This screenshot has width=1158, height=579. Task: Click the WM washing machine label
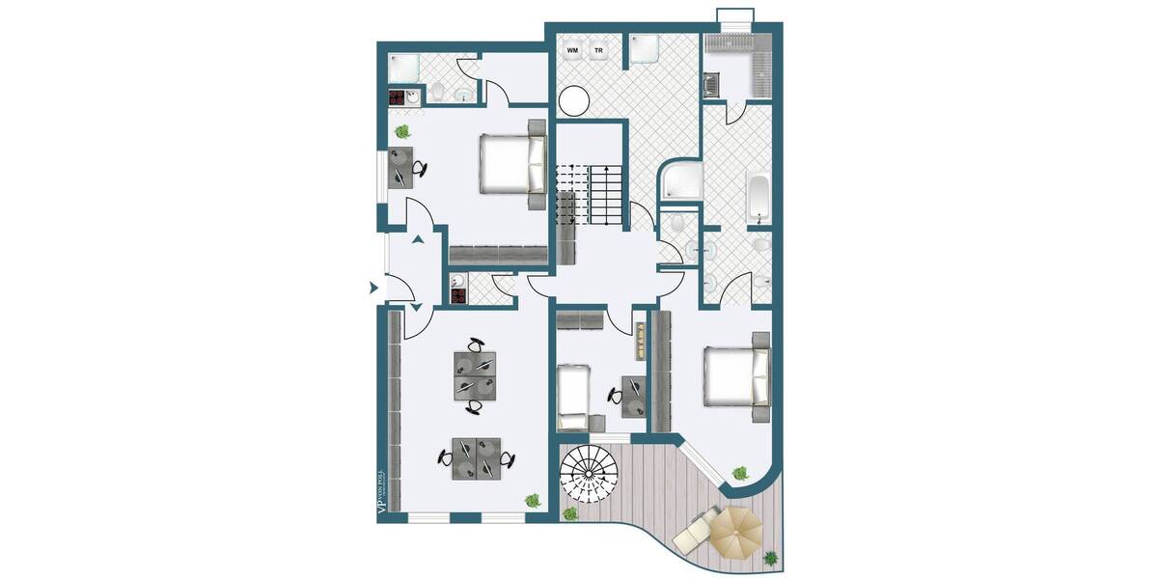pyautogui.click(x=572, y=50)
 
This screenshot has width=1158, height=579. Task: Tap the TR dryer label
pyautogui.click(x=598, y=50)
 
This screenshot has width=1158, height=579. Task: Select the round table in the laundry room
pyautogui.click(x=573, y=101)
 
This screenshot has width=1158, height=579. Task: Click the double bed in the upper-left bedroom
pyautogui.click(x=510, y=162)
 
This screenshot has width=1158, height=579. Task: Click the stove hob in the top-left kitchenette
pyautogui.click(x=397, y=96)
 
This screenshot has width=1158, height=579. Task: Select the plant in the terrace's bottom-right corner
pyautogui.click(x=771, y=557)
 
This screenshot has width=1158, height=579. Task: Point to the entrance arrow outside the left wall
pyautogui.click(x=372, y=287)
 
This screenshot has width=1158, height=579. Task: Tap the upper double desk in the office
pyautogui.click(x=475, y=373)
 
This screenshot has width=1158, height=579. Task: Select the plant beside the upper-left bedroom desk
pyautogui.click(x=401, y=131)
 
